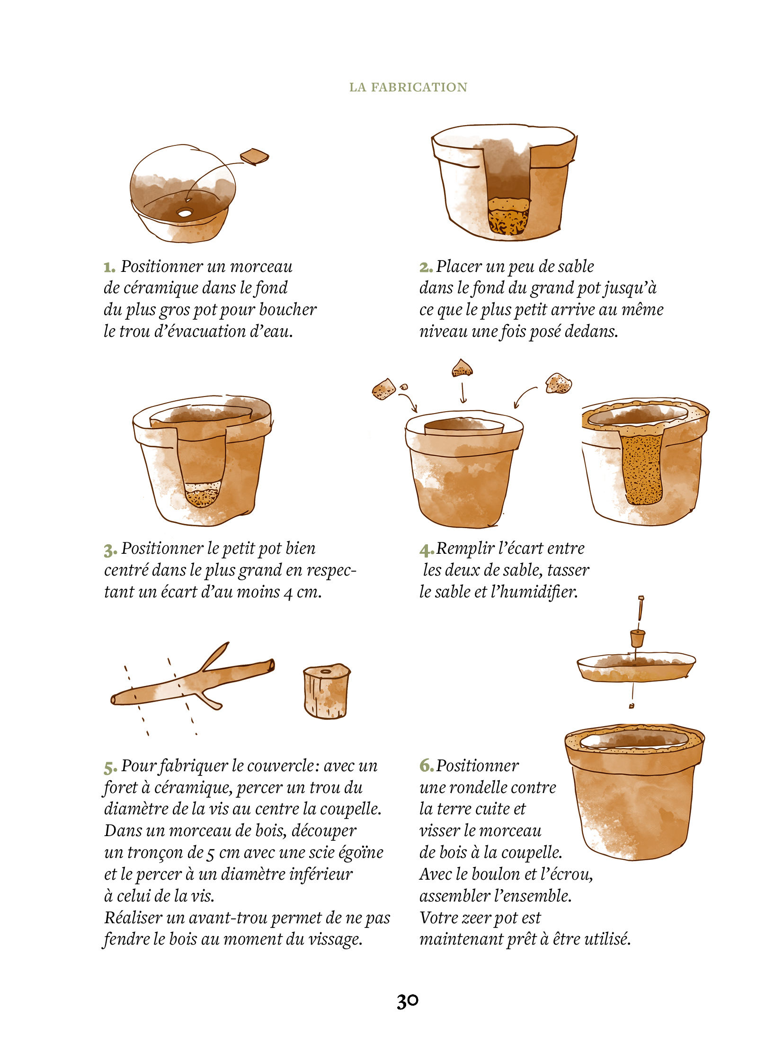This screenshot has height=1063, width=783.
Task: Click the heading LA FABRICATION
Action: [408, 87]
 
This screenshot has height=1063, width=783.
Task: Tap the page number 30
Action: [408, 1001]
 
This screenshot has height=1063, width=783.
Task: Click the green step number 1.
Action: [109, 268]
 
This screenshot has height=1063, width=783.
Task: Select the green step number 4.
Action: [426, 550]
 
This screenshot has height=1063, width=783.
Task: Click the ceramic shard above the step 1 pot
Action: [255, 156]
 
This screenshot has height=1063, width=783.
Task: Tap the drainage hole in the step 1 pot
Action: [184, 213]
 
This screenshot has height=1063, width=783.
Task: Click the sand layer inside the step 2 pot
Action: [508, 217]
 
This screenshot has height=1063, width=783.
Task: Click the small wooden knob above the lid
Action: [638, 638]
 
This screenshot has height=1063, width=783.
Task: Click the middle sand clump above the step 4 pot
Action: [462, 368]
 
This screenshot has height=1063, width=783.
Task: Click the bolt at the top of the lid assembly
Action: [641, 609]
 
